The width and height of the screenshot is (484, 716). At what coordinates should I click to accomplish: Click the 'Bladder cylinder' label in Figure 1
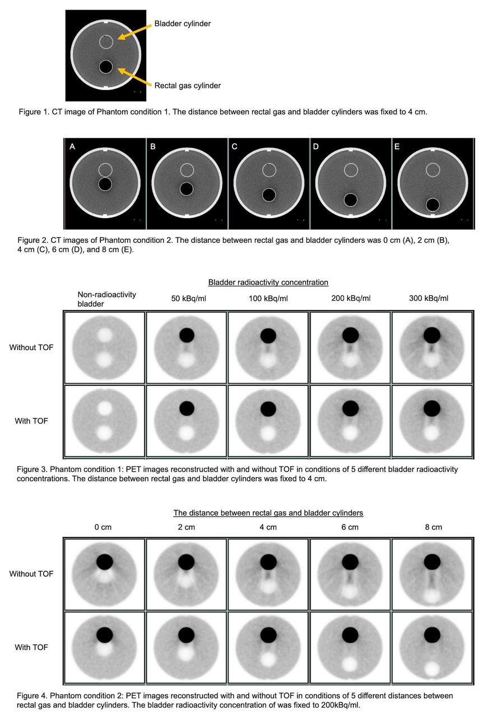coord(183,23)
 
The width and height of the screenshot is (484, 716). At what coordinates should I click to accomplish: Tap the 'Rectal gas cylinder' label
coord(188,86)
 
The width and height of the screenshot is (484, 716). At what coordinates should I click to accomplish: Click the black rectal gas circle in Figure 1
coord(106,67)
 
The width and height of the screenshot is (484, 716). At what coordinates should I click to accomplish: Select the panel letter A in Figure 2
coord(72,147)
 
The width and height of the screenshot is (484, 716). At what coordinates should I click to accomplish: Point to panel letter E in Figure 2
coord(397,147)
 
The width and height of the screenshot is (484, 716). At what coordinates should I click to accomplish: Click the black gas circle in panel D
coord(351,200)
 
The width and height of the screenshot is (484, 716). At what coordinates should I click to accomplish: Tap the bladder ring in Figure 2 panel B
coord(187,164)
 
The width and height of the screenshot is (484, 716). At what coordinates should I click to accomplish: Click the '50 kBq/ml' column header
coord(189,299)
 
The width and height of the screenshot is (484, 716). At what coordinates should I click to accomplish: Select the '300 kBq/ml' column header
coord(429,298)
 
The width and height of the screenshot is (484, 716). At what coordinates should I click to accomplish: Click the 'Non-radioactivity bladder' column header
coord(106,299)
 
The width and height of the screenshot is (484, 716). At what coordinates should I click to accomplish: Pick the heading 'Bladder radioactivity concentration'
coord(268,282)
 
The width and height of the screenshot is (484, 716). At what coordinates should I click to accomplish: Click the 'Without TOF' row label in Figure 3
coord(31,347)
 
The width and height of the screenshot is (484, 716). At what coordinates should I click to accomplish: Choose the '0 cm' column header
coord(103,527)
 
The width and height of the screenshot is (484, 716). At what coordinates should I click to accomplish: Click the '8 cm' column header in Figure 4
coord(434,527)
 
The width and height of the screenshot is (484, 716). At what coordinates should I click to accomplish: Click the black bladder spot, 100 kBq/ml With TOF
coord(268,408)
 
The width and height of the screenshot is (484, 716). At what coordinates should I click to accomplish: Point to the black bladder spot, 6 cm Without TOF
coord(350,562)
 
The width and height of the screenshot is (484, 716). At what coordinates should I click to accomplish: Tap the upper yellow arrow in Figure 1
coord(134,32)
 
